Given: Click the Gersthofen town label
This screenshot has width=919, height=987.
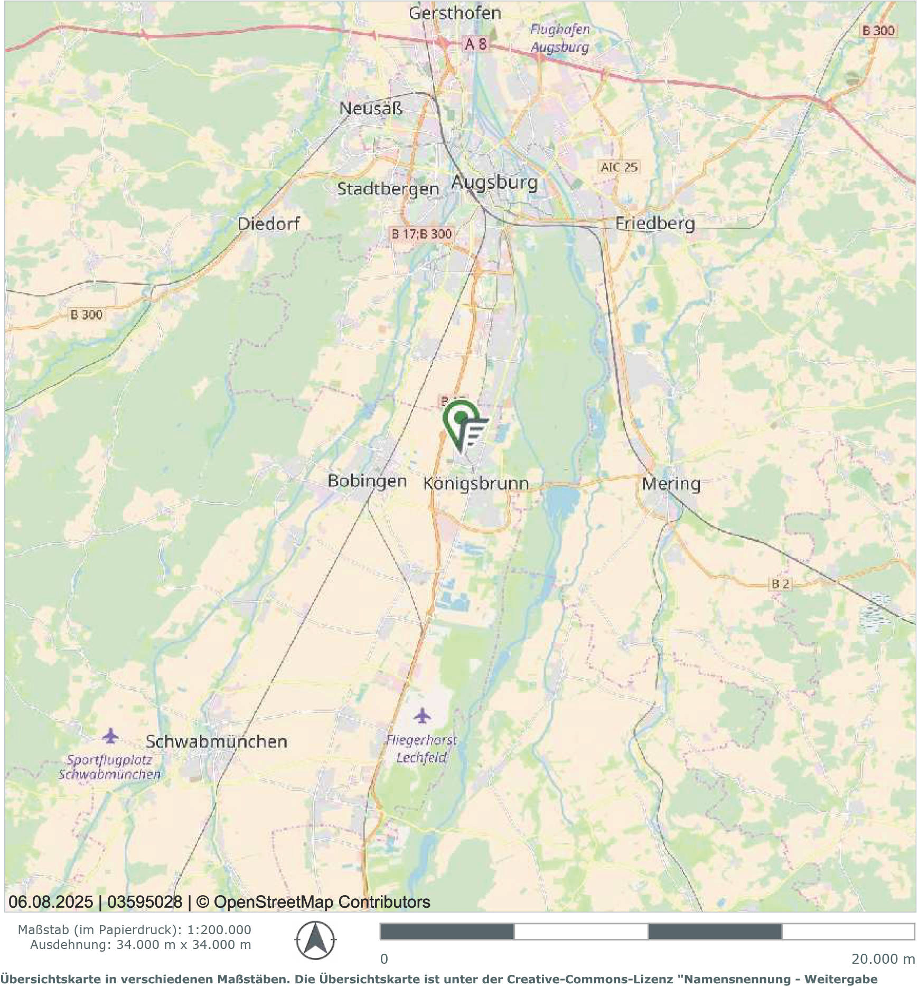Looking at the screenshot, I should coord(455,13).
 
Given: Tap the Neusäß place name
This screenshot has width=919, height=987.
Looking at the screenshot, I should coord(371,108).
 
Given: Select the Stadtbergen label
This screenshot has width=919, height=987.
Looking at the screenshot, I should coord(388,189).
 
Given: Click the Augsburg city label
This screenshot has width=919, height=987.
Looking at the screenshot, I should coord(494,183).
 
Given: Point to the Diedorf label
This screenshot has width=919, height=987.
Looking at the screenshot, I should coord(268,223).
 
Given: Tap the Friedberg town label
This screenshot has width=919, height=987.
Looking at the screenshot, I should coord(655,223).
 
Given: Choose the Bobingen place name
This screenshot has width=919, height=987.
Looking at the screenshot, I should coord(367,481).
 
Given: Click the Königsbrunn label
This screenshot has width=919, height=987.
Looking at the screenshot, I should coord(476,483).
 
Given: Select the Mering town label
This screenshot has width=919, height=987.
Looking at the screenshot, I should coord(671,483).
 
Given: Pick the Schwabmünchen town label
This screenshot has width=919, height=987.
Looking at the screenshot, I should coord(217,741).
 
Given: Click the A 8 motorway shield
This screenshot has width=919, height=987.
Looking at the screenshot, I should coord(476,44).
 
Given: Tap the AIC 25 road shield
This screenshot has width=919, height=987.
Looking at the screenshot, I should coord(619,167).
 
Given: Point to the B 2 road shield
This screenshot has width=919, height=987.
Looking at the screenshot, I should coord(780,584).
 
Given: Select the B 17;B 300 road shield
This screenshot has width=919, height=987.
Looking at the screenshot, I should coord(421,233).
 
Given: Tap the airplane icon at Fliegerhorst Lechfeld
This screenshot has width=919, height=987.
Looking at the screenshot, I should coord(422,716).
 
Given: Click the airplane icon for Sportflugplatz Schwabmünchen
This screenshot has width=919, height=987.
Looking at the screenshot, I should coord(110,735).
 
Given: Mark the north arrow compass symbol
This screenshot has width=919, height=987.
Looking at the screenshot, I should coord(315,940).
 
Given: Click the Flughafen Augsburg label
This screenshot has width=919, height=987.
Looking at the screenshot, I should coord(560,38).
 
